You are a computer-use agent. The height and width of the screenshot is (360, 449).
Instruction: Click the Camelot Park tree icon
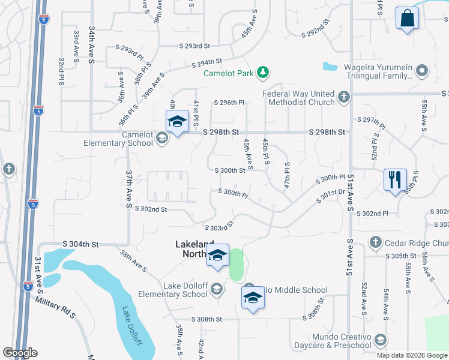262,73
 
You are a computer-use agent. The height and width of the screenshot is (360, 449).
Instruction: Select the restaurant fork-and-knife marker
394,179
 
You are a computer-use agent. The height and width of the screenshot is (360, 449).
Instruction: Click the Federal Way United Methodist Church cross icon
343,97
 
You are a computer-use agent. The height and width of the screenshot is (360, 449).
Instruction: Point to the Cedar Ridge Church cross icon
375,242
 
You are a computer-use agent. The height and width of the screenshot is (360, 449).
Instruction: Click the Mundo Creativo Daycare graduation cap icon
380,341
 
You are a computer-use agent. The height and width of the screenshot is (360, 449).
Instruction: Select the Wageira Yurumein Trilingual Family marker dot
423,71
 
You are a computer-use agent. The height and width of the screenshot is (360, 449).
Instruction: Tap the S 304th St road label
80,244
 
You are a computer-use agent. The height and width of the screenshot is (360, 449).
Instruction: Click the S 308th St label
206,319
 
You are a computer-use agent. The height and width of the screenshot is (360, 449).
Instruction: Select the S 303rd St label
218,227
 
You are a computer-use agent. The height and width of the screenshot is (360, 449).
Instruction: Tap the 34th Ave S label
92,44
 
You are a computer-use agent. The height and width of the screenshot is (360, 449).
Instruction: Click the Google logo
20,353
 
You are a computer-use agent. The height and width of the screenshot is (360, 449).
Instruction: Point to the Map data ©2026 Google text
411,355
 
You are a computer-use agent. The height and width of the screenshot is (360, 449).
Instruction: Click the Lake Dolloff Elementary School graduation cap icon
216,290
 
